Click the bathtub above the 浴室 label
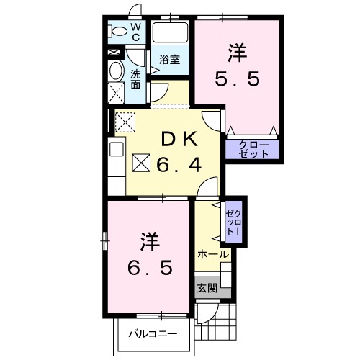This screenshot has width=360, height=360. coord(170,33)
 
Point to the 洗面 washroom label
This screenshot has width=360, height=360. coord(135,78)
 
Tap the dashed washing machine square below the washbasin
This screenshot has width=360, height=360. coord(116,92)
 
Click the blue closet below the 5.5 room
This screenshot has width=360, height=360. coord(253,150)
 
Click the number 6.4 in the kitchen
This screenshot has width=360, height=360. coord(180,166)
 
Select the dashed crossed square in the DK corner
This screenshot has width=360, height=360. coord(125,122)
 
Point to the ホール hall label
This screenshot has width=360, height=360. coord(212,254)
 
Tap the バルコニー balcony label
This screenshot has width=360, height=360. coord(153,334)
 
